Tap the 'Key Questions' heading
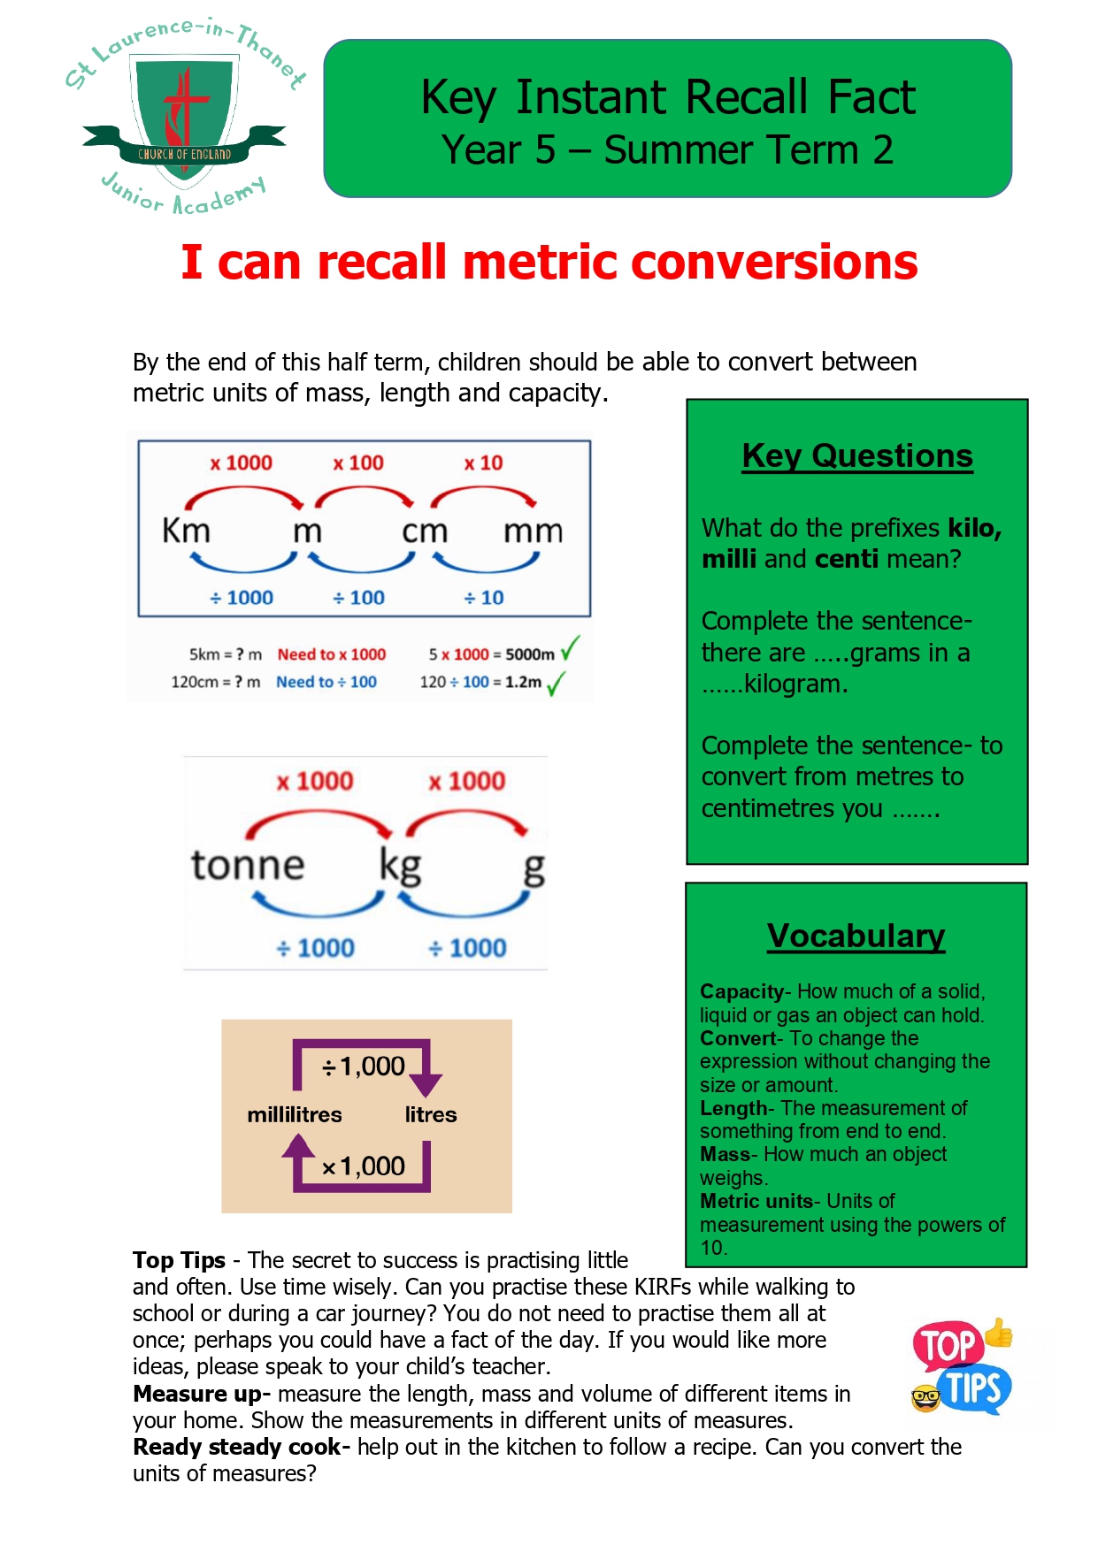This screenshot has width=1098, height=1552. click(857, 455)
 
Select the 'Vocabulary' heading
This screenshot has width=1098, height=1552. click(856, 936)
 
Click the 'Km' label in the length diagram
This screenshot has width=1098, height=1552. click(186, 531)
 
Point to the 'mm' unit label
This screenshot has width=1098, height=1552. click(534, 531)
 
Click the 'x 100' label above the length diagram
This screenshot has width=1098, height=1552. click(358, 463)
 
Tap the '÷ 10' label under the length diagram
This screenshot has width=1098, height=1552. click(484, 598)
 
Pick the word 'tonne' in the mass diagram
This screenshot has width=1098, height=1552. click(248, 864)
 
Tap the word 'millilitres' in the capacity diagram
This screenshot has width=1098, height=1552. click(295, 1114)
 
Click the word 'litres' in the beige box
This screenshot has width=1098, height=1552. click(431, 1114)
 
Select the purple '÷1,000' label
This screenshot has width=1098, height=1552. click(364, 1067)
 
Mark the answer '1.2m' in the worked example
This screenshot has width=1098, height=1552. click(524, 682)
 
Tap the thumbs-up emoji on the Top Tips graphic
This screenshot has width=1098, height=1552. click(998, 1333)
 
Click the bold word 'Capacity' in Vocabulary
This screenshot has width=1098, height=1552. click(741, 991)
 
